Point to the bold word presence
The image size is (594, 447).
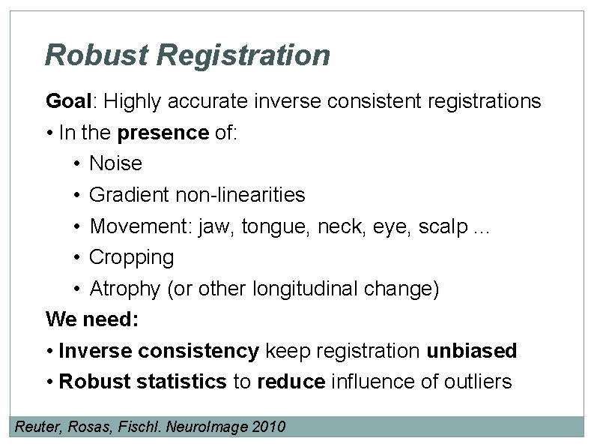[163, 133]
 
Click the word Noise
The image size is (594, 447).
[115, 163]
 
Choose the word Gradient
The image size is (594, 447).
[129, 195]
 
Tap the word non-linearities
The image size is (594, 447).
[240, 195]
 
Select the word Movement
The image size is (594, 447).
[141, 226]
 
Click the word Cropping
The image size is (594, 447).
[131, 258]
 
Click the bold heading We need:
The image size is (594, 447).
[92, 319]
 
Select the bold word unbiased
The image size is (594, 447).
[471, 350]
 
